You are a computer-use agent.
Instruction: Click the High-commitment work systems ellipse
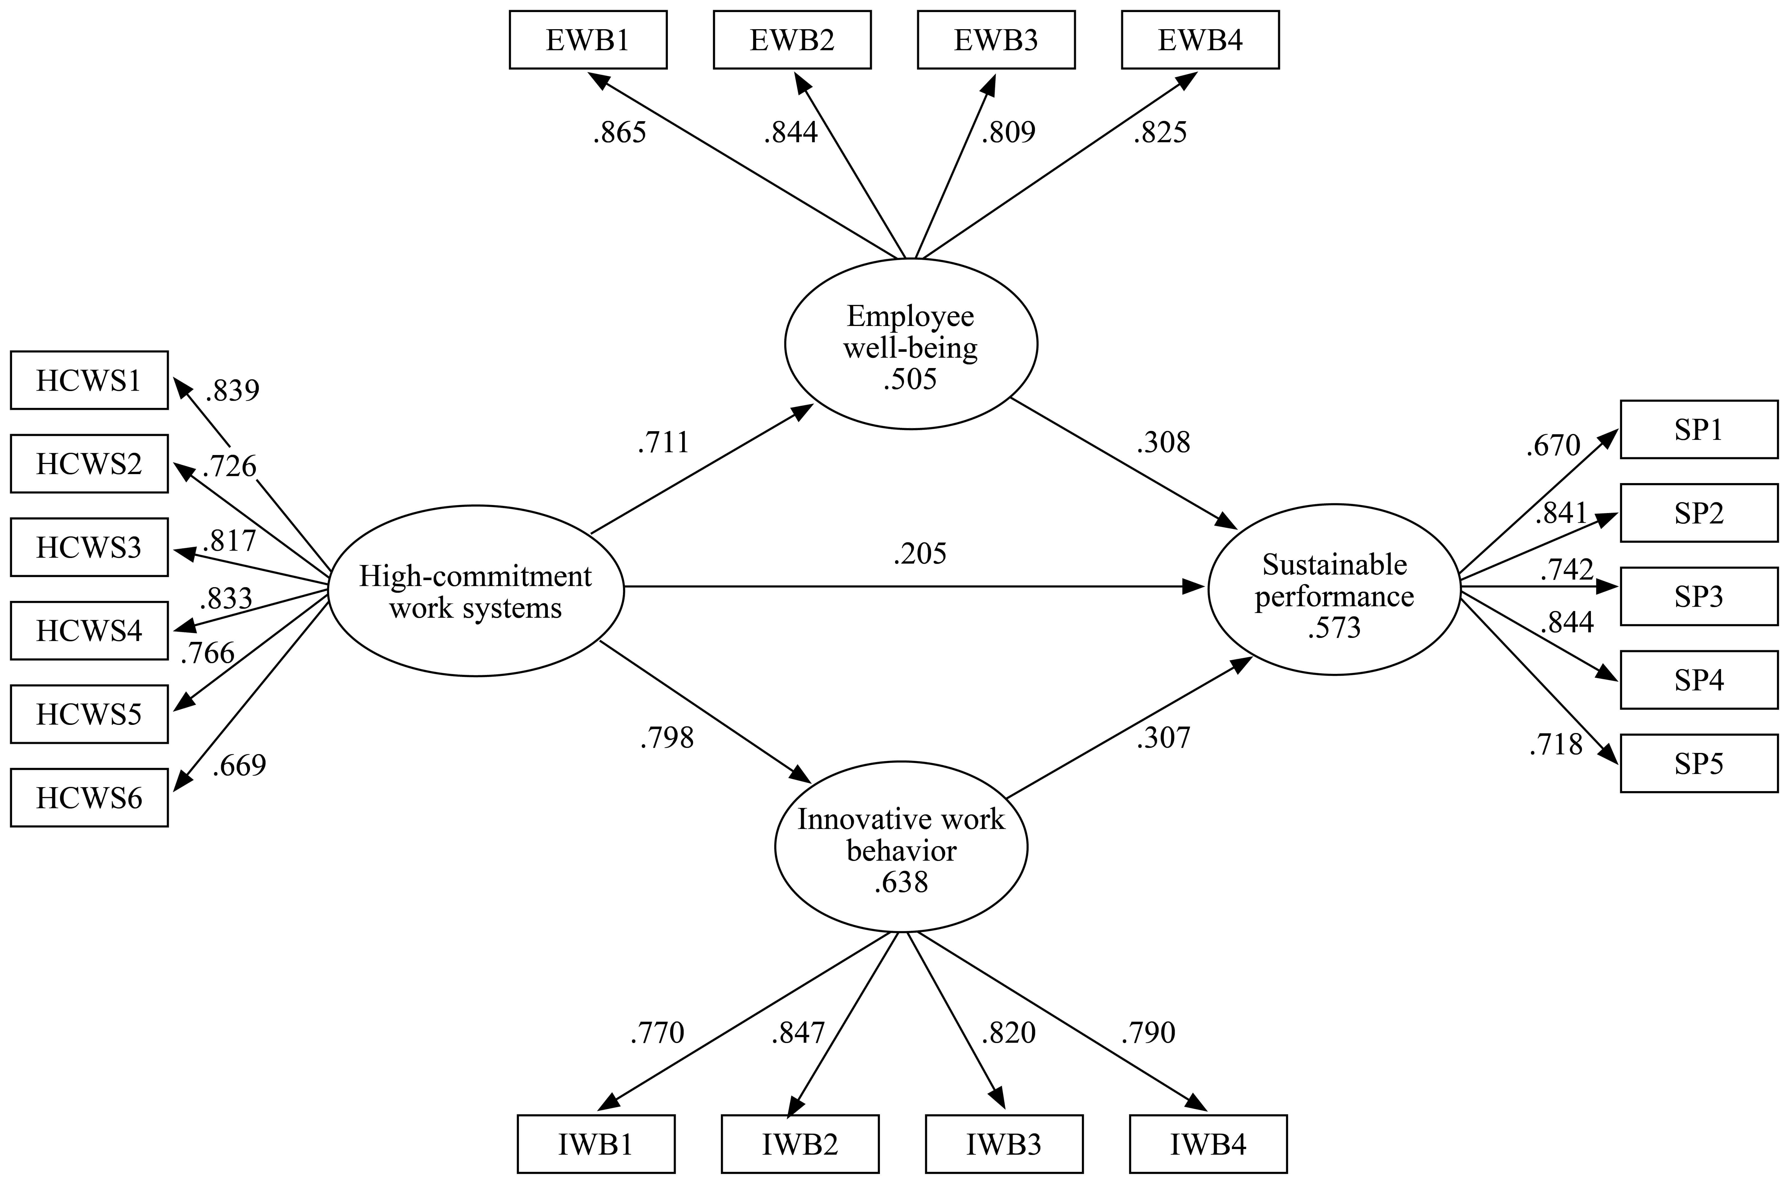coord(476,591)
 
